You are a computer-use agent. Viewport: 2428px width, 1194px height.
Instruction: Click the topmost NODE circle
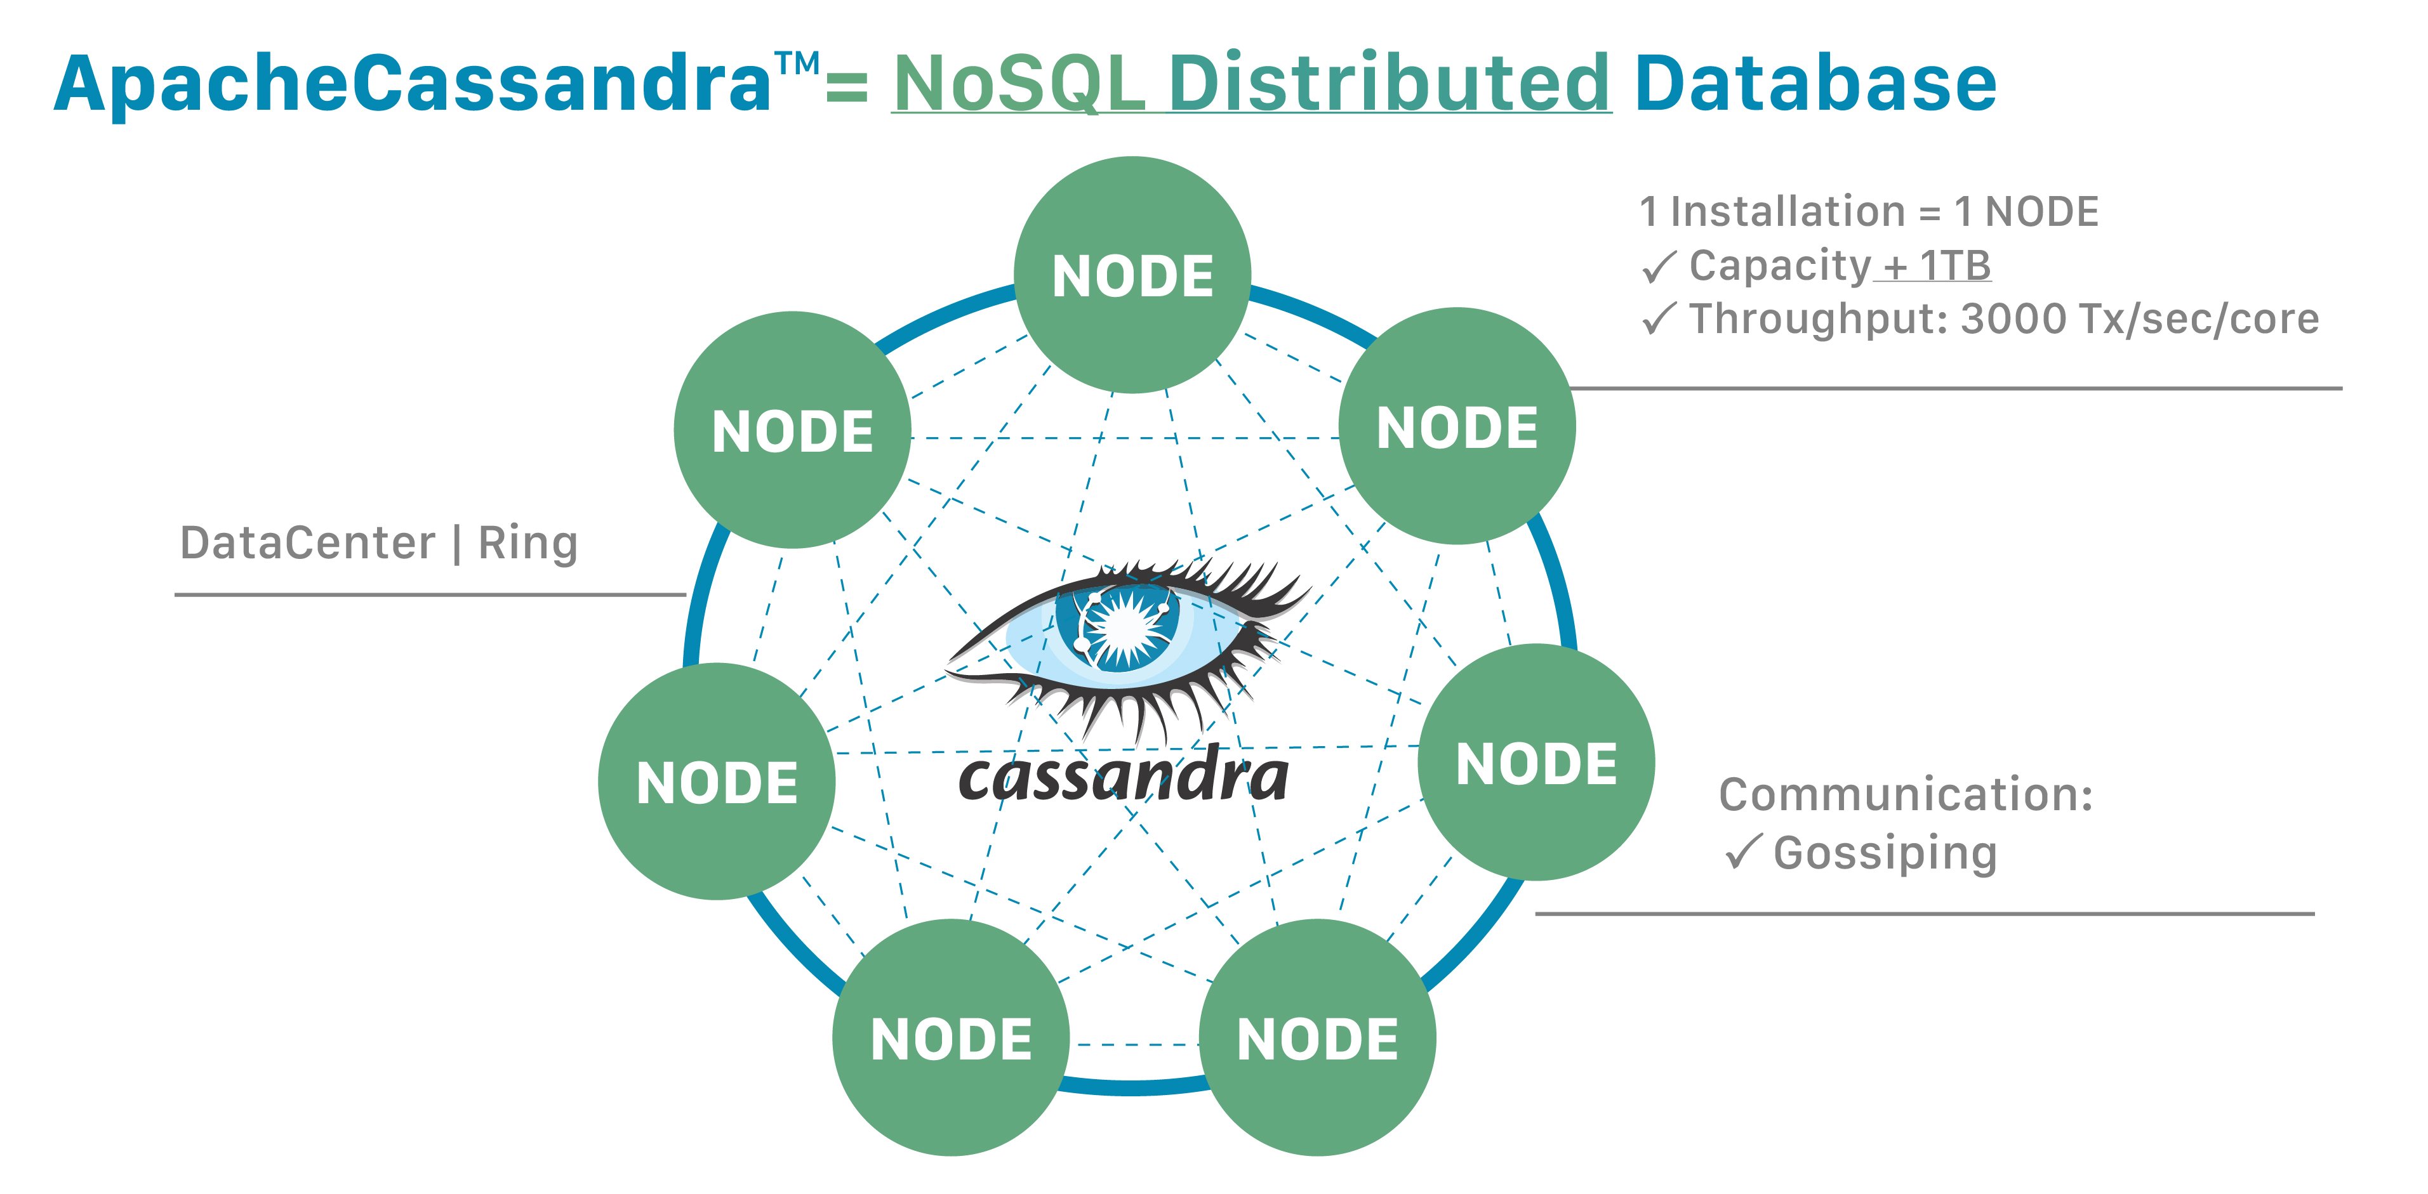(x=1132, y=275)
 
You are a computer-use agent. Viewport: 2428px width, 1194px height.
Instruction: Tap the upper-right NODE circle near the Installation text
(x=1457, y=426)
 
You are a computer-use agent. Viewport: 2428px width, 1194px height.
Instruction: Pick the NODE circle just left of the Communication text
(x=1536, y=763)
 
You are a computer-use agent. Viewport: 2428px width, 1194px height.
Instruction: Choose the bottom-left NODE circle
(x=951, y=1037)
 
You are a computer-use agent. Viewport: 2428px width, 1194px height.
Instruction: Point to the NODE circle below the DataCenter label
(x=716, y=781)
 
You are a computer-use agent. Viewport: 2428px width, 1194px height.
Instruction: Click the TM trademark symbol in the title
(x=797, y=64)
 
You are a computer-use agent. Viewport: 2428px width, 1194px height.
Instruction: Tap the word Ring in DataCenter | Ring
(x=528, y=544)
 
